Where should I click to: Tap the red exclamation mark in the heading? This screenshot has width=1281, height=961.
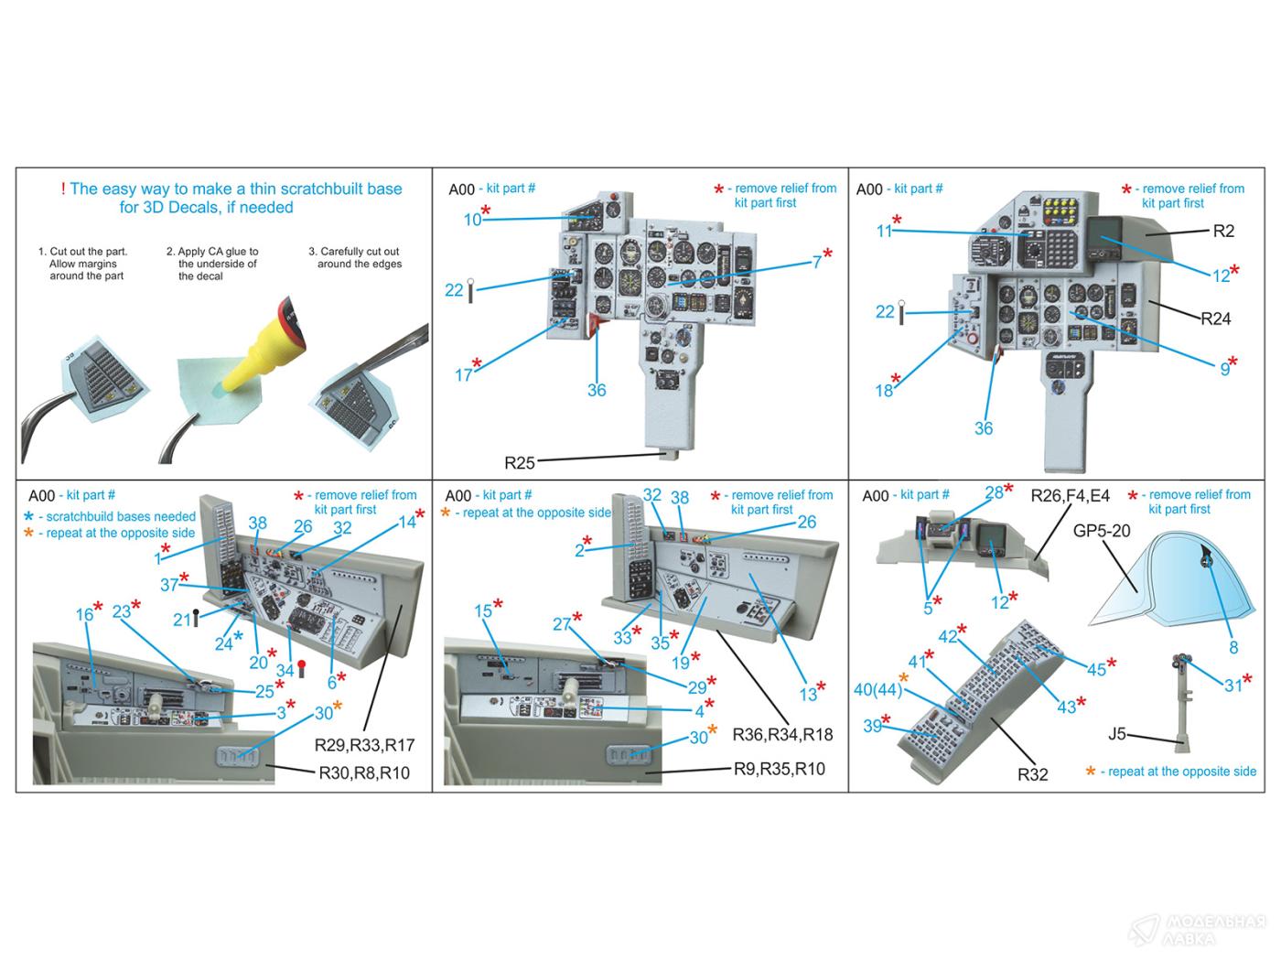(x=63, y=189)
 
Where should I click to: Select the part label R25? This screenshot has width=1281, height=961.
(x=519, y=463)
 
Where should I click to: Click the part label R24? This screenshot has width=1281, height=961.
(x=1215, y=319)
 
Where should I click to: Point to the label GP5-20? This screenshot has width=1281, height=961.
(x=1102, y=530)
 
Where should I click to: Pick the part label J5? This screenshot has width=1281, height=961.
(x=1116, y=734)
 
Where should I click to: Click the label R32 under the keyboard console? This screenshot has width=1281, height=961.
(x=1032, y=774)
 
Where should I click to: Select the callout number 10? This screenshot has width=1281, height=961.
(x=472, y=220)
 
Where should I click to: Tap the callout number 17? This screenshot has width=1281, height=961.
(x=463, y=375)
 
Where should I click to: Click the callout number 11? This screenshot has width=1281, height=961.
(x=883, y=232)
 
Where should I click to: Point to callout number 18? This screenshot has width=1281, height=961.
(x=883, y=391)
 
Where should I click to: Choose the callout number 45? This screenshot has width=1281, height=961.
(x=1096, y=670)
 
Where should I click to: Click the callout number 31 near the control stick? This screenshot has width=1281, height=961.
(x=1233, y=686)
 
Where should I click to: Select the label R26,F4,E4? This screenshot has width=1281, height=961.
(x=1070, y=496)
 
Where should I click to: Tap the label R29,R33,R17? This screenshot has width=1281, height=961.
(x=364, y=744)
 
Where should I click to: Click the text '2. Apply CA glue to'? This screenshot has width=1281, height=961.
(x=212, y=252)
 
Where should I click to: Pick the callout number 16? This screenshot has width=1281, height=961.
(x=84, y=615)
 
